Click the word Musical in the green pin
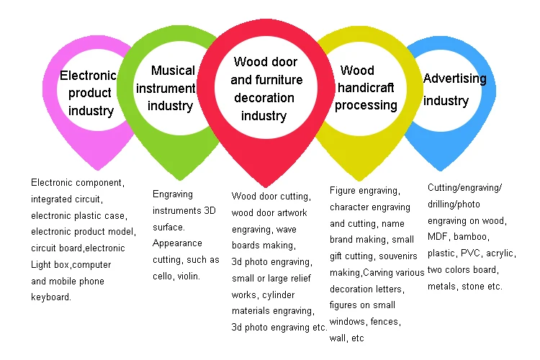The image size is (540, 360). pyautogui.click(x=173, y=71)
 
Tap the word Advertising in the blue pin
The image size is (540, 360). pyautogui.click(x=454, y=78)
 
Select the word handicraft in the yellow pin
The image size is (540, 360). pyautogui.click(x=366, y=88)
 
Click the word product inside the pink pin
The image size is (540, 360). pyautogui.click(x=90, y=93)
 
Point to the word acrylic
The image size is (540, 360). pyautogui.click(x=500, y=253)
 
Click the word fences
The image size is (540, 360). pyautogui.click(x=385, y=321)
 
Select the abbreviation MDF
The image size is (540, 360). pyautogui.click(x=438, y=237)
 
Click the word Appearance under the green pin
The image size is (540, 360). pyautogui.click(x=177, y=243)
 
